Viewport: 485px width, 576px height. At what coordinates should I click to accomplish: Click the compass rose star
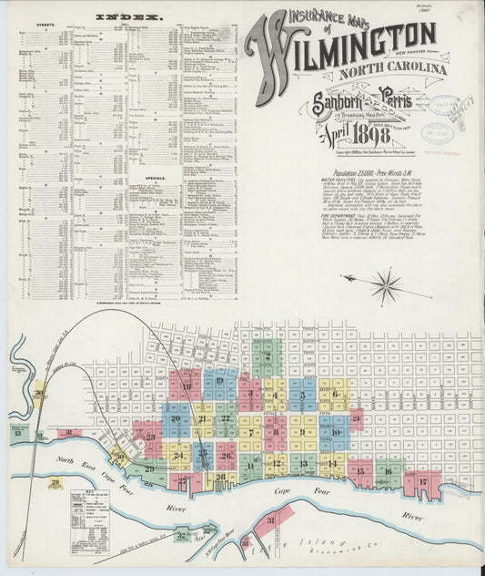pos(387,286)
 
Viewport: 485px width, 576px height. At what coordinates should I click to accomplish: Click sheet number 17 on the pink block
pos(422,481)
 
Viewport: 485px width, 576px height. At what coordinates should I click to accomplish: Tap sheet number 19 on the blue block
pos(219,384)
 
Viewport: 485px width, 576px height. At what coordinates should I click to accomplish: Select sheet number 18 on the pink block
pos(187,386)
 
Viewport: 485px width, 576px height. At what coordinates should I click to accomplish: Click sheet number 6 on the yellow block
pos(335,394)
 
